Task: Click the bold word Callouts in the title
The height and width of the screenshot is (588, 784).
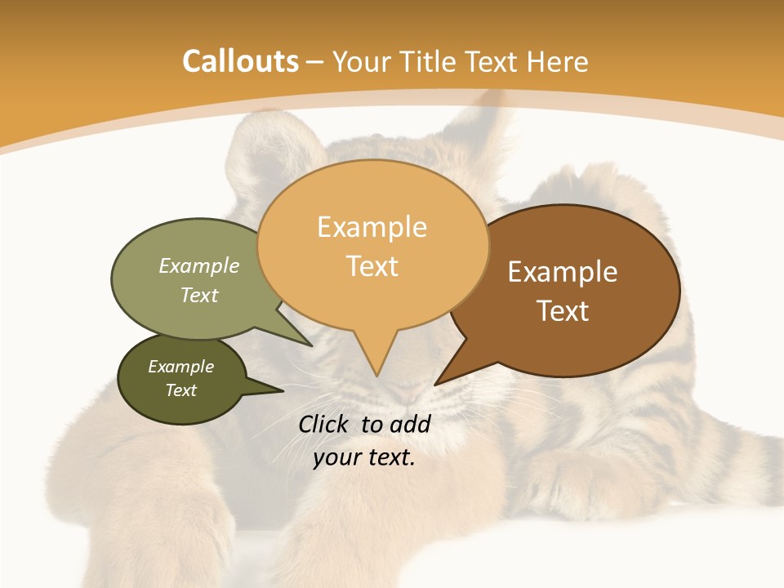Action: tap(240, 61)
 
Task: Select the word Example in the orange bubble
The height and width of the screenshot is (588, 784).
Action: tap(372, 227)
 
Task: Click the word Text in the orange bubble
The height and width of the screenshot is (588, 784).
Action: tap(372, 266)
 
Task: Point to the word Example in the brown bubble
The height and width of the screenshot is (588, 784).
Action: tap(563, 272)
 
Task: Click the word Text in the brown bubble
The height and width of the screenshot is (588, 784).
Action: tap(563, 311)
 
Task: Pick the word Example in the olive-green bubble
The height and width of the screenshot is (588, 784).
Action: tap(199, 265)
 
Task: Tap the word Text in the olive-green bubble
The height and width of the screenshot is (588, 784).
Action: tap(199, 295)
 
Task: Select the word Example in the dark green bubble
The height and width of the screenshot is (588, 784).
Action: tap(180, 367)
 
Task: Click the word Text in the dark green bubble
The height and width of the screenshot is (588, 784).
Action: tap(180, 390)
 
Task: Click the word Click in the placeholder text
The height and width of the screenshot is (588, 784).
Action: tap(326, 424)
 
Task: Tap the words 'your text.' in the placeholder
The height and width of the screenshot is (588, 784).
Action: tap(364, 458)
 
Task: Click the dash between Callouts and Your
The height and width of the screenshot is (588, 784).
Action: tap(316, 62)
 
